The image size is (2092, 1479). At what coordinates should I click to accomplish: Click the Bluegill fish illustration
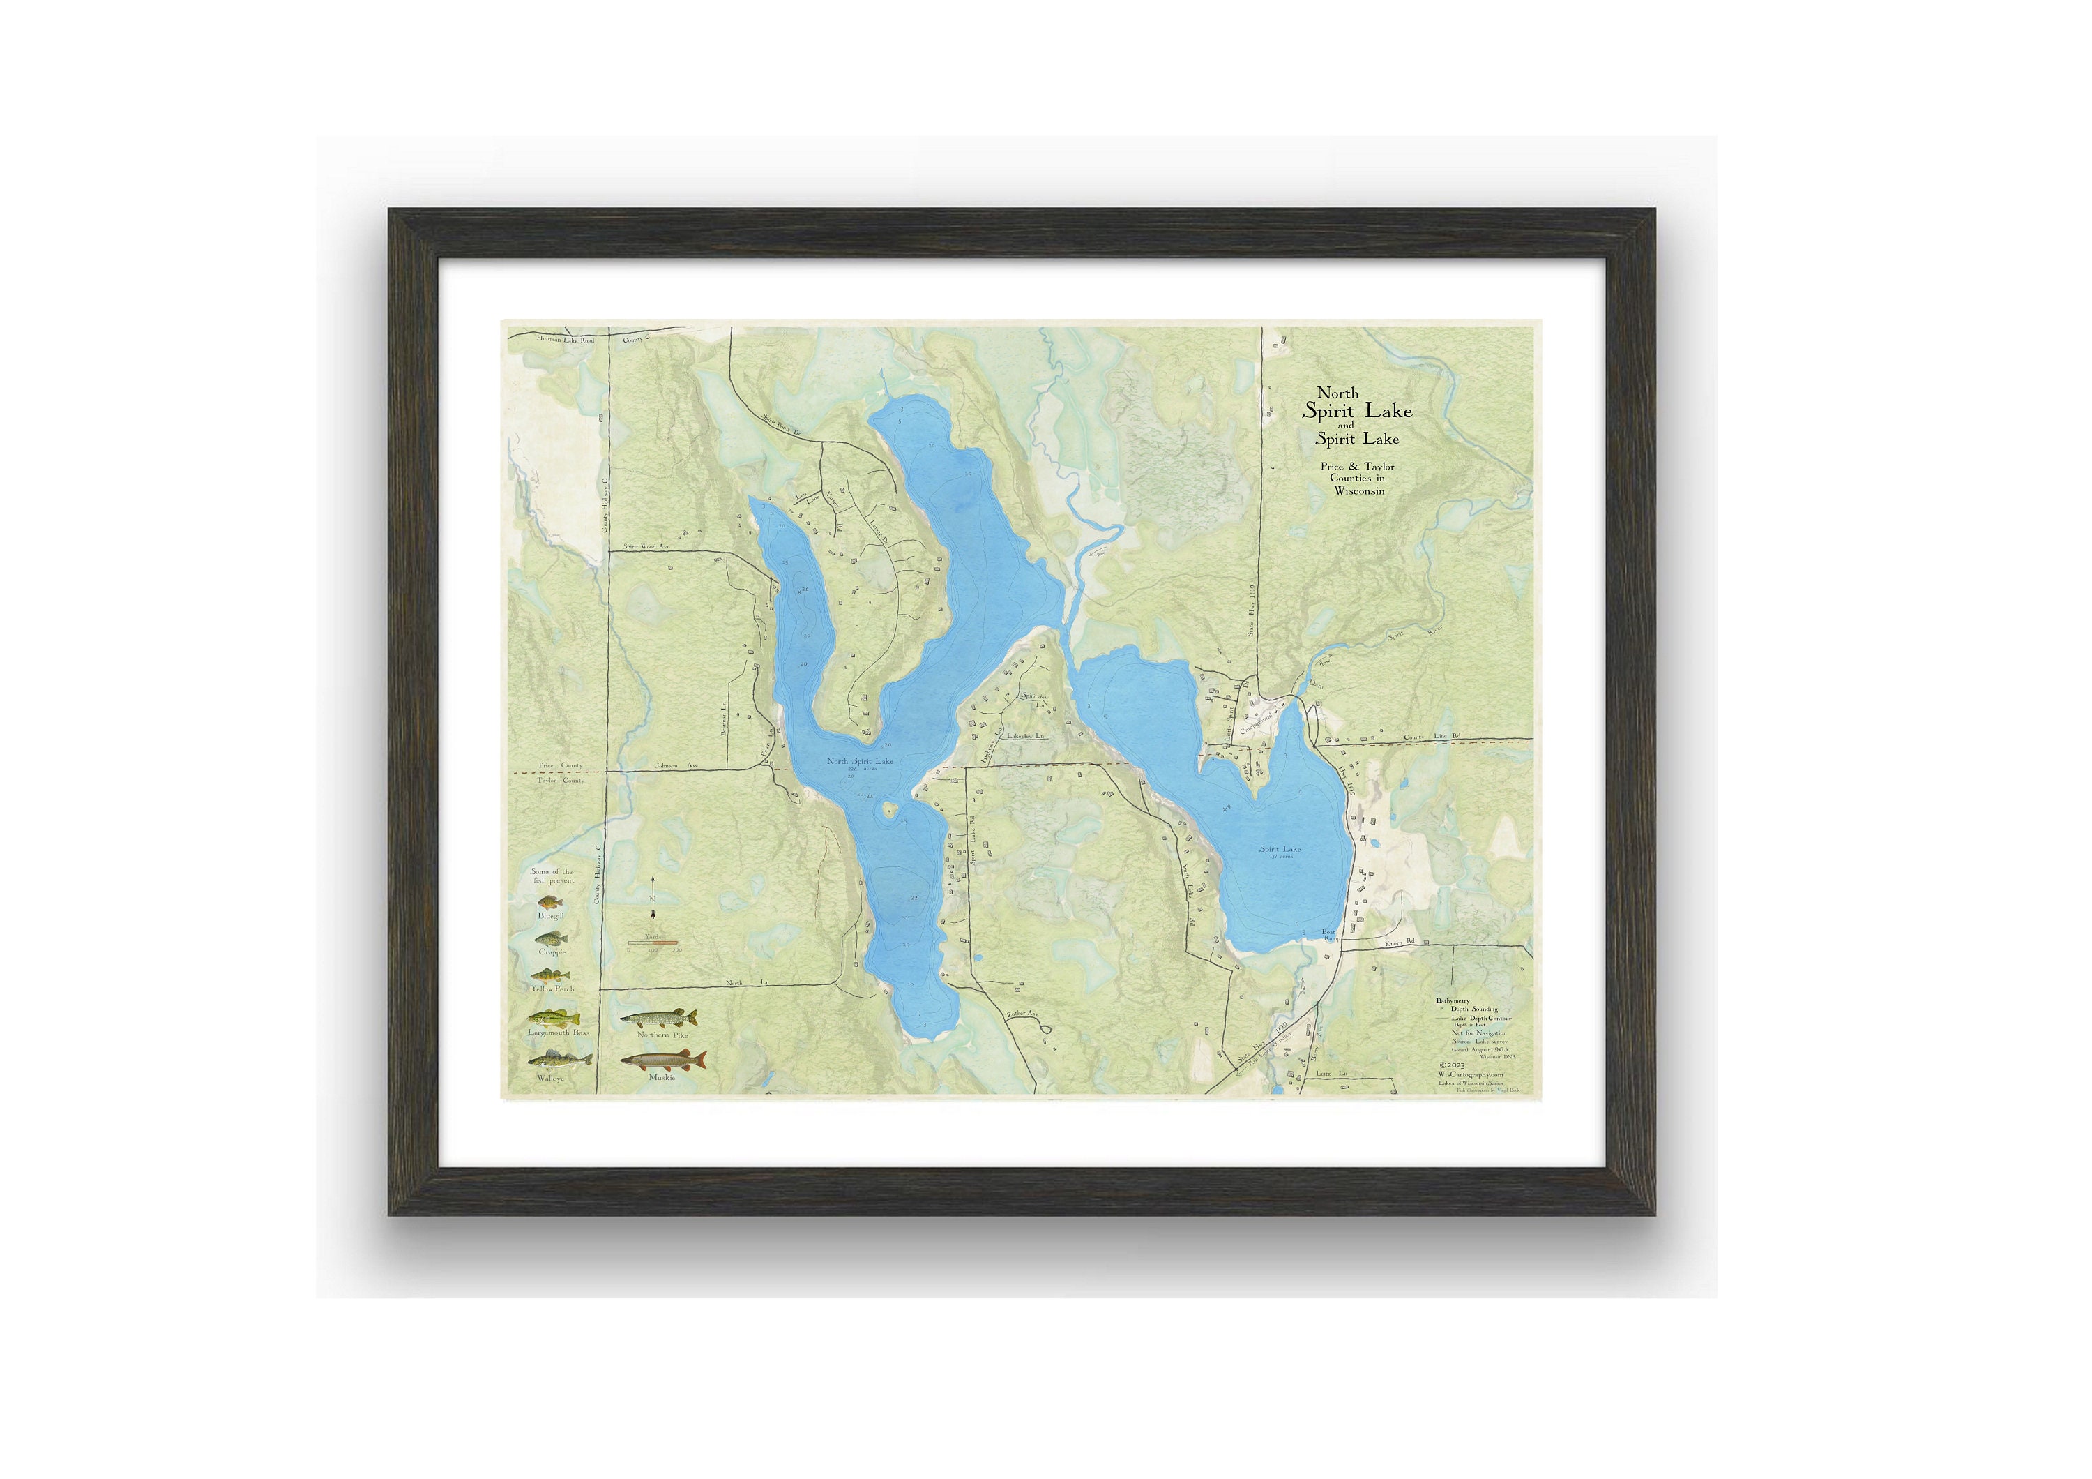coord(550,902)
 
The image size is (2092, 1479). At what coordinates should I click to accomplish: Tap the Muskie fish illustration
coord(662,1060)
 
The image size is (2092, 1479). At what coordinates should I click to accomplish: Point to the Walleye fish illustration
coord(559,1060)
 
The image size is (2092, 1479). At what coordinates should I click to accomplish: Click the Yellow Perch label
coord(552,989)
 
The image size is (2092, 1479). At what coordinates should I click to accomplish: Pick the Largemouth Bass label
coord(559,1033)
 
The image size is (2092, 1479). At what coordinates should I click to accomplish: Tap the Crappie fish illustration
coord(552,938)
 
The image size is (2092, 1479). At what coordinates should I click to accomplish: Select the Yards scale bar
coord(653,943)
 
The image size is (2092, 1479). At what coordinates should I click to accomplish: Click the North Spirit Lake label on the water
coord(859,761)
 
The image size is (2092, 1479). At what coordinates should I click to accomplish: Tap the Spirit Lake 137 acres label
coord(1280,851)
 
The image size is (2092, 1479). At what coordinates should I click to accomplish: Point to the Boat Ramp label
coord(1328,935)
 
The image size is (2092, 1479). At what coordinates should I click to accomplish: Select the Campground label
coord(1256,723)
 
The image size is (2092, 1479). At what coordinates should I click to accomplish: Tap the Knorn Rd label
coord(1400,943)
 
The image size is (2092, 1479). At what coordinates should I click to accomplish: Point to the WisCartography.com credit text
coord(1471,1074)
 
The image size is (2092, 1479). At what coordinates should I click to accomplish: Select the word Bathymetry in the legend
coord(1453,1000)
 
